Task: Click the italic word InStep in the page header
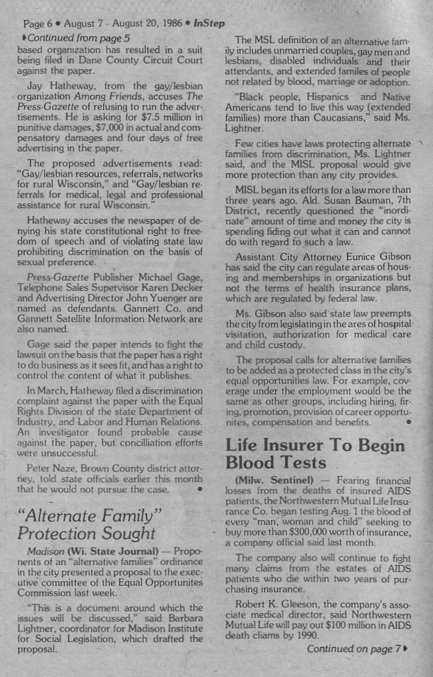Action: point(209,24)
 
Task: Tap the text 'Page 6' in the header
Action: point(38,24)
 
